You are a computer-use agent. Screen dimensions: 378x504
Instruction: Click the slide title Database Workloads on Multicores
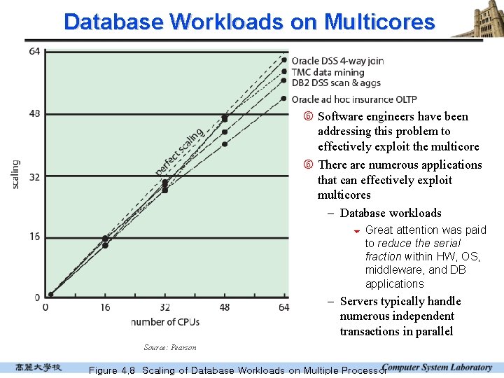249,22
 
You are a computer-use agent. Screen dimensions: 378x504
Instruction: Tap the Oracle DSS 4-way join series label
337,61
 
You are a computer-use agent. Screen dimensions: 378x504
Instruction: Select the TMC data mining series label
328,72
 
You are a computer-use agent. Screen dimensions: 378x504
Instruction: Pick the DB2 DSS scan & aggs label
336,83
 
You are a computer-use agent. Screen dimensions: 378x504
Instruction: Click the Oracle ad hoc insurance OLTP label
353,99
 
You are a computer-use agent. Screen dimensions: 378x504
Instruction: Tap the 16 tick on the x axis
106,307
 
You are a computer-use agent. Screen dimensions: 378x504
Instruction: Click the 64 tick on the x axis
283,307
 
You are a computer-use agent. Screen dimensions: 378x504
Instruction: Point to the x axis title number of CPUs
165,322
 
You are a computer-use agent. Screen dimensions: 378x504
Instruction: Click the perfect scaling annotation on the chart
179,152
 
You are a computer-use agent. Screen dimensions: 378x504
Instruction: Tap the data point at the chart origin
50,295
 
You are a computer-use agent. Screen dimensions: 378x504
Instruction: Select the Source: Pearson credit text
169,347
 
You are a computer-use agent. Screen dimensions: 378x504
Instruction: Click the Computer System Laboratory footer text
437,367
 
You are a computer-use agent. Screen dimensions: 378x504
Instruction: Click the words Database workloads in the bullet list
391,213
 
